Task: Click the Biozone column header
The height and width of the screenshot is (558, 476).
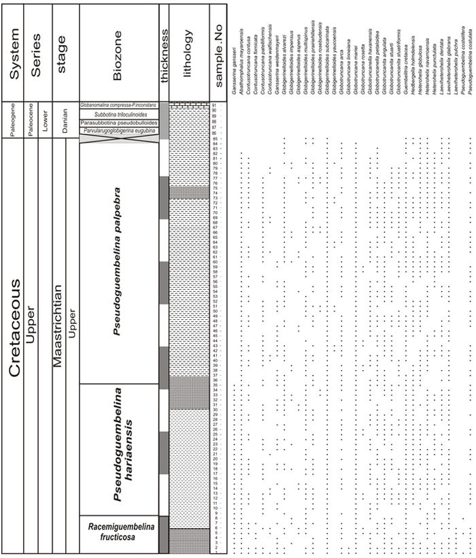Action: (x=118, y=52)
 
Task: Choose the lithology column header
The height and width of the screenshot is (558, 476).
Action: (x=188, y=52)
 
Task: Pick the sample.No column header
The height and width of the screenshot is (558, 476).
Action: (x=219, y=52)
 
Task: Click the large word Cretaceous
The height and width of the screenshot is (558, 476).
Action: (x=15, y=327)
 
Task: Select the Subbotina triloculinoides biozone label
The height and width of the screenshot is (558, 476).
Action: (x=119, y=115)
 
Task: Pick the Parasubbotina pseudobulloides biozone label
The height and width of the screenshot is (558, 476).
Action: (x=119, y=122)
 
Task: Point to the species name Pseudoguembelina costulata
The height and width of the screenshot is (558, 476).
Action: (x=469, y=72)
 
